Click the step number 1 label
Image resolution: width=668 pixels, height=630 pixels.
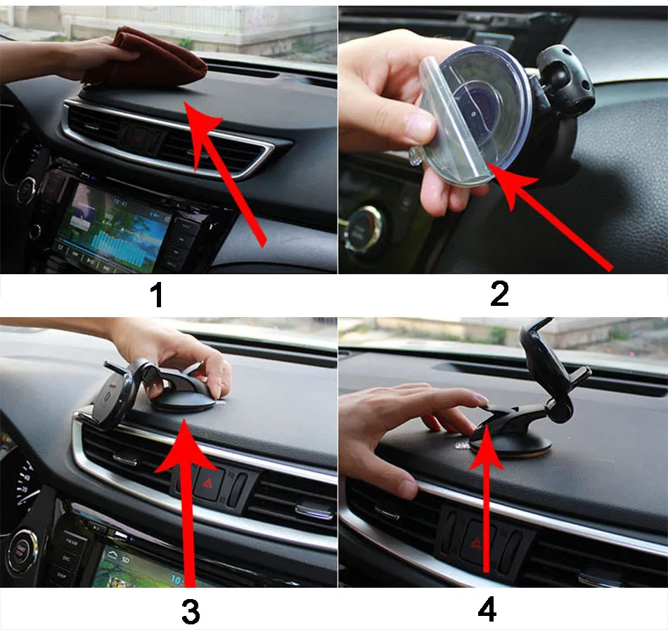(x=157, y=294)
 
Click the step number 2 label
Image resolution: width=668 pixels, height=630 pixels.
(x=499, y=293)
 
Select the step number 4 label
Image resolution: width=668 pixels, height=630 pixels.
(x=487, y=610)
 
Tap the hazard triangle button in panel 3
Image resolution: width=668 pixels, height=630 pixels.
(x=210, y=484)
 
